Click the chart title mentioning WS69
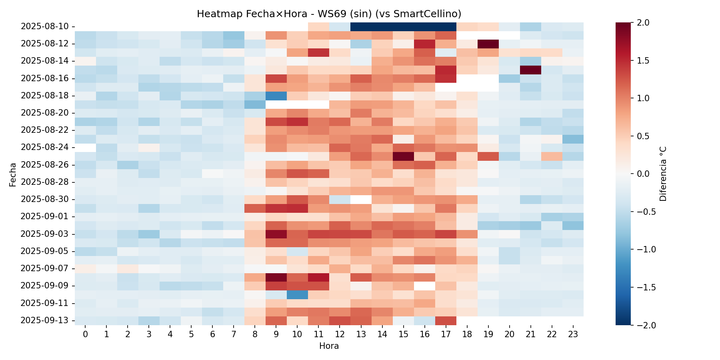point(329,14)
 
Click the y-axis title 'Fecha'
point(13,174)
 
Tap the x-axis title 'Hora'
point(329,346)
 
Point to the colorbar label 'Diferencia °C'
point(663,174)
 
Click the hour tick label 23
point(573,334)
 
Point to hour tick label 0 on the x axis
point(85,334)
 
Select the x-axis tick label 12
point(340,334)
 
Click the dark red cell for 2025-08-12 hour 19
point(488,44)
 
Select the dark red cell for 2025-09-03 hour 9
point(276,234)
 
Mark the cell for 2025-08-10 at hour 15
point(403,26)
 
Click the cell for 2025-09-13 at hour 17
point(446,320)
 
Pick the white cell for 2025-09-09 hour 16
point(424,286)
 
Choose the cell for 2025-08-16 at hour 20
point(509,78)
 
